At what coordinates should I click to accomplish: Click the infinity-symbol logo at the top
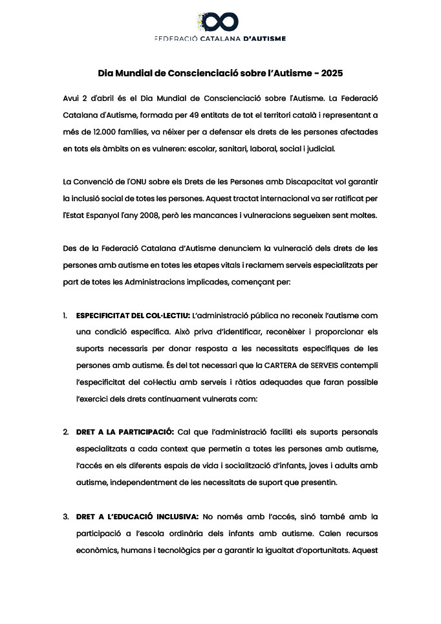pyautogui.click(x=220, y=21)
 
